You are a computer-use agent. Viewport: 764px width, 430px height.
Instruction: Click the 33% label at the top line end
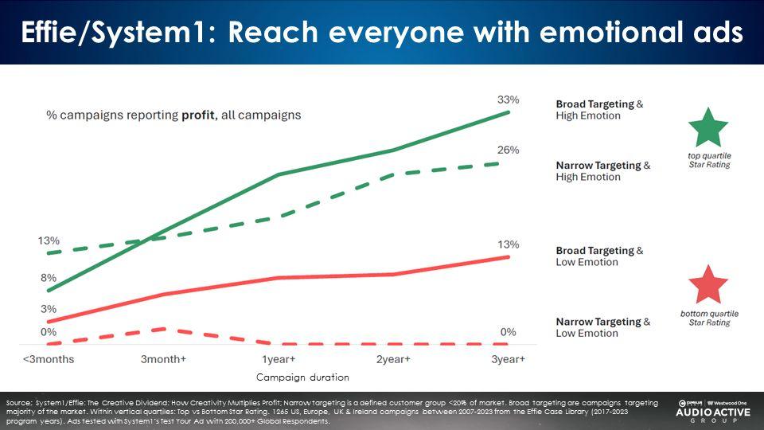[509, 100]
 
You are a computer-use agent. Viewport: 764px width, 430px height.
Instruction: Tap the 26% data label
[509, 150]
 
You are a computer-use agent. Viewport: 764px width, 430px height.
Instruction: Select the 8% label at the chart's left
[49, 278]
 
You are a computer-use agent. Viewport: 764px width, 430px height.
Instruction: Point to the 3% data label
[49, 309]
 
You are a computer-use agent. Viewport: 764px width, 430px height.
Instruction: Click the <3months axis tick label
[49, 359]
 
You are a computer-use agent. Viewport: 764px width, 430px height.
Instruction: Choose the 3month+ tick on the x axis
[163, 359]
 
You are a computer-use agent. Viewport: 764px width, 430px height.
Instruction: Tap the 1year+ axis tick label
[279, 359]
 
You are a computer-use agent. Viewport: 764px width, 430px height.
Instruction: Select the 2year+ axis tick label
[393, 359]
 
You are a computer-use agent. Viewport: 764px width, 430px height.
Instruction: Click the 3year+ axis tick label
[508, 359]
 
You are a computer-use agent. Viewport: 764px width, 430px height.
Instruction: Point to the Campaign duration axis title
[302, 377]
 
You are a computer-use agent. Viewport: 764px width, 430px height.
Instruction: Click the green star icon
[708, 127]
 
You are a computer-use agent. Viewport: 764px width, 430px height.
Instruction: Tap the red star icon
[708, 285]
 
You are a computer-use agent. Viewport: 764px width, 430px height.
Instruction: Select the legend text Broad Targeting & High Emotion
[599, 110]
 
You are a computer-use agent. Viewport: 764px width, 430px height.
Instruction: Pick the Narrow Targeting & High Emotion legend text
[602, 171]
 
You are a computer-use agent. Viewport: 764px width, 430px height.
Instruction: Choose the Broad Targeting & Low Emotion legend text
[599, 256]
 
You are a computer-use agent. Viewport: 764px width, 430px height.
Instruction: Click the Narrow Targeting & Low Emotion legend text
[602, 327]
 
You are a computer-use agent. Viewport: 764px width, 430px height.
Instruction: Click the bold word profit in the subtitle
[197, 115]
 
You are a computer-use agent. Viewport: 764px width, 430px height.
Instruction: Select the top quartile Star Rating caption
[708, 160]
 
